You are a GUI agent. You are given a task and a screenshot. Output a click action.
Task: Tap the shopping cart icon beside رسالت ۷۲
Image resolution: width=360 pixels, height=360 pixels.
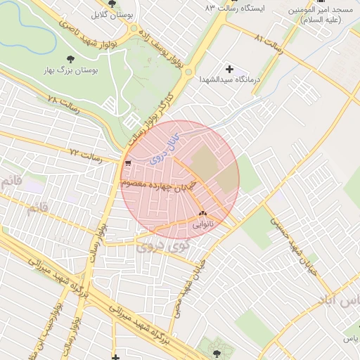coord(127,162)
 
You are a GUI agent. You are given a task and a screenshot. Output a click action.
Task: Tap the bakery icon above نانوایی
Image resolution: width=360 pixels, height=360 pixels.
coord(203,212)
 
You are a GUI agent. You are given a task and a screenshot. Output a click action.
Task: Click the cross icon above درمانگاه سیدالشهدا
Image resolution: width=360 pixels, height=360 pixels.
coord(229,69)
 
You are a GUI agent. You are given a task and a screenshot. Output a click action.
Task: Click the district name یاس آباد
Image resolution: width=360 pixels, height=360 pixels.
coord(348,302)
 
